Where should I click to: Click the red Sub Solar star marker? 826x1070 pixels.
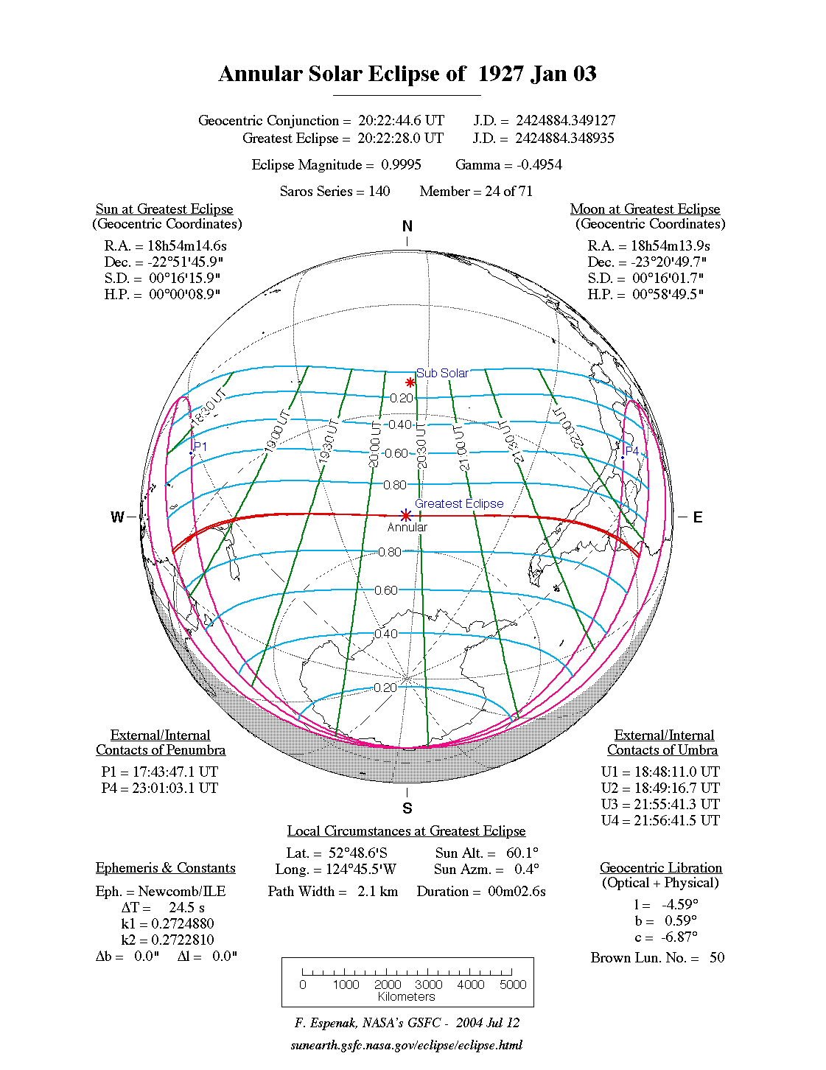(x=410, y=382)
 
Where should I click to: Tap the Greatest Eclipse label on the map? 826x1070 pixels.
(x=459, y=503)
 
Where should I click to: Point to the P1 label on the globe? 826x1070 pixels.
(x=200, y=447)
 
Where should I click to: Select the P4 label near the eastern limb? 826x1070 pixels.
(x=631, y=451)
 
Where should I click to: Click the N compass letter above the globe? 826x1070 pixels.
(x=407, y=226)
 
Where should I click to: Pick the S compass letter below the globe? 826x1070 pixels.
(x=407, y=808)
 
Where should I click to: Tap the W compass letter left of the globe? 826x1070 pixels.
(x=117, y=517)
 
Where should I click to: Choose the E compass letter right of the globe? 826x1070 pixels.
(x=698, y=517)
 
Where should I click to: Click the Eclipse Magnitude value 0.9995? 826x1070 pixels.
(x=401, y=165)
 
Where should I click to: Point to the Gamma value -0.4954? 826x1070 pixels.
(x=539, y=165)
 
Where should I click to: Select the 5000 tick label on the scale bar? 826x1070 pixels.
(x=513, y=985)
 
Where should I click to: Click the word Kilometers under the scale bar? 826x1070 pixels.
(x=407, y=997)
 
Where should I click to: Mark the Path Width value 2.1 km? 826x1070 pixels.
(x=378, y=892)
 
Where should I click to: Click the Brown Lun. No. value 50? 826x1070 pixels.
(x=717, y=958)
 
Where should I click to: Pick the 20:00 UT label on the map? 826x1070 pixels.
(x=375, y=444)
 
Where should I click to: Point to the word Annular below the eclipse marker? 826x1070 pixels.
(x=407, y=528)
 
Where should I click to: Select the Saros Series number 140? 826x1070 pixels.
(x=379, y=192)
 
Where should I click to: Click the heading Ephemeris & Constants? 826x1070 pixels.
(x=166, y=868)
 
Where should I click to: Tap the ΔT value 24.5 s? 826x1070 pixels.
(x=186, y=908)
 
